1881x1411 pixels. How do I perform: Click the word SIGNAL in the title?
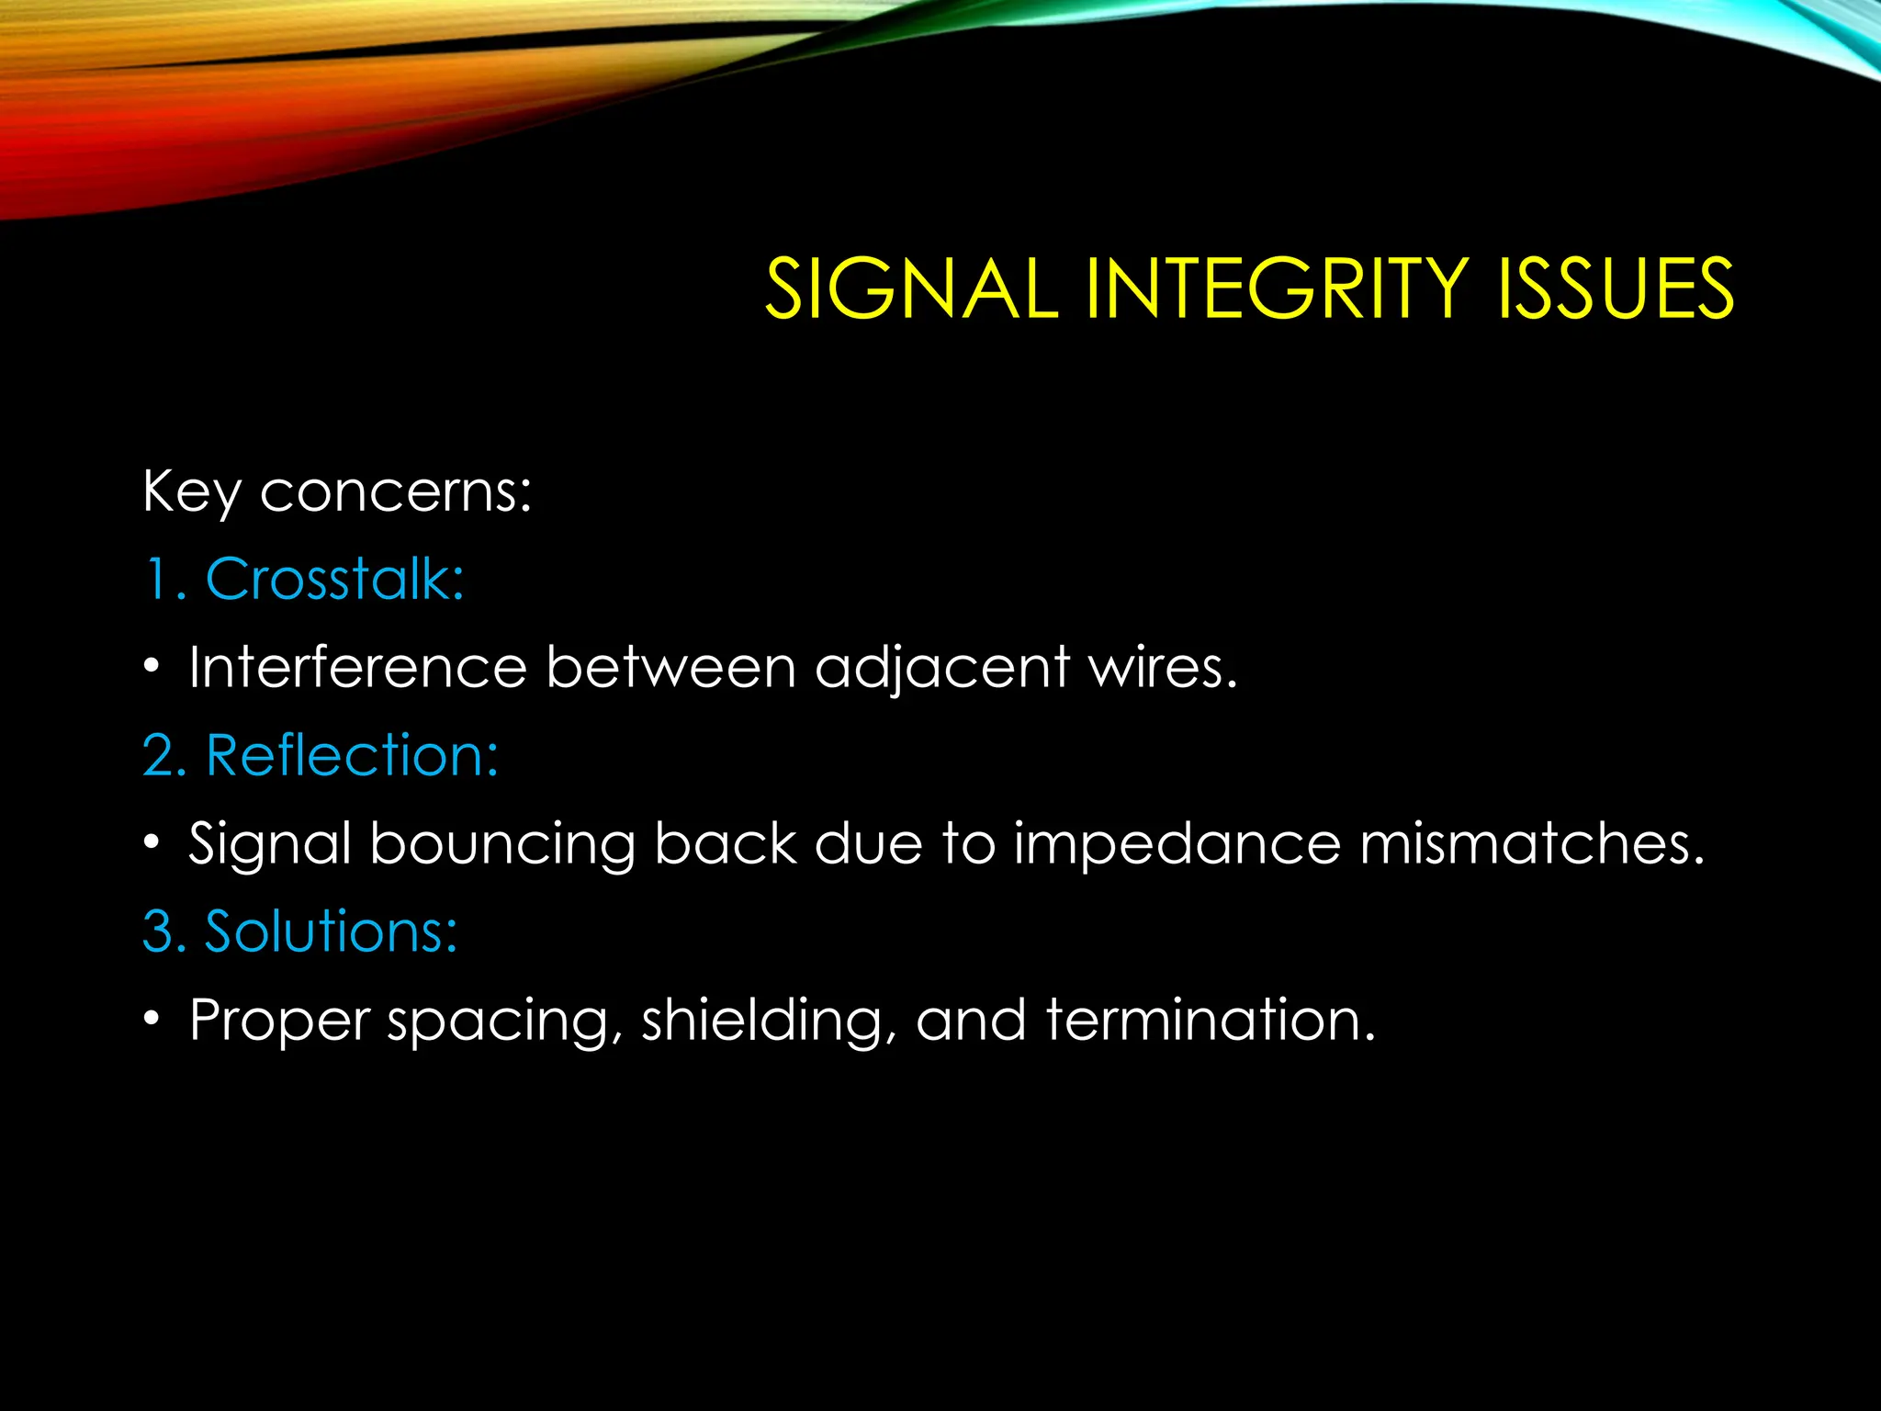click(x=911, y=289)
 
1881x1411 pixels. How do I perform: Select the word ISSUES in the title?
click(x=1615, y=289)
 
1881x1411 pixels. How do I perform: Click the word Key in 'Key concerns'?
click(x=191, y=493)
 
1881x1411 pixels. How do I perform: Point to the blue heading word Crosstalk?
click(x=334, y=580)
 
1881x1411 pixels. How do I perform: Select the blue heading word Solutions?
click(x=330, y=931)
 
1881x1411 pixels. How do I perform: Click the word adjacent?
click(x=942, y=669)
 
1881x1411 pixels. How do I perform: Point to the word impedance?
click(x=1177, y=845)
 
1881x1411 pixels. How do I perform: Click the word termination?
click(x=1211, y=1020)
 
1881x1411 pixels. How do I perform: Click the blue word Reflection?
click(x=352, y=756)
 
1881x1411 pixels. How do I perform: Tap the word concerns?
click(x=395, y=493)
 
